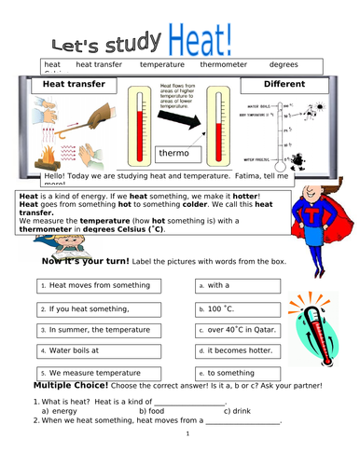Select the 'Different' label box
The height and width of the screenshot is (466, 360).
[285, 85]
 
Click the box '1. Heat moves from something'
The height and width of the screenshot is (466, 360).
[107, 285]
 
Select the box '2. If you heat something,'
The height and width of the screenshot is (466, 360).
[107, 308]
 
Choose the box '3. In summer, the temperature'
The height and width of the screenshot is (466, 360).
[107, 330]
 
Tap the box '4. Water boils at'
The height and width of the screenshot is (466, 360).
[107, 351]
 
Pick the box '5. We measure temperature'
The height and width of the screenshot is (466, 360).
[107, 374]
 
